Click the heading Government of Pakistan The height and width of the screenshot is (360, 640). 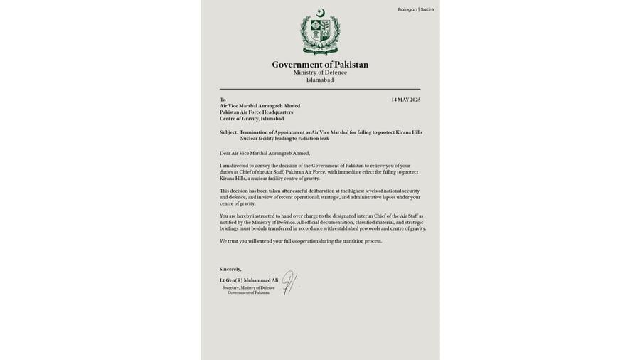320,65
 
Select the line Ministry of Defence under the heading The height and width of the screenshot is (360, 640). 320,73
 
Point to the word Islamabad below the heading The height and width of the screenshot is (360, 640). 320,80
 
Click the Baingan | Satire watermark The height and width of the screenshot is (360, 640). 415,9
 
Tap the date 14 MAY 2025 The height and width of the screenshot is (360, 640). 405,100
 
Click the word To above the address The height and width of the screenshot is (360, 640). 223,100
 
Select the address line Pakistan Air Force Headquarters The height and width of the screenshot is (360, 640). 256,112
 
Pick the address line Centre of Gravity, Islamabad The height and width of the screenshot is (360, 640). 252,119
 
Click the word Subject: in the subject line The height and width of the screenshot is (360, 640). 229,132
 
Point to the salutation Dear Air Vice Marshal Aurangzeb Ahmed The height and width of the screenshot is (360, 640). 265,153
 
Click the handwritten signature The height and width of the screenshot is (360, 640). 289,282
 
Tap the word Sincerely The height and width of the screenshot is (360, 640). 230,269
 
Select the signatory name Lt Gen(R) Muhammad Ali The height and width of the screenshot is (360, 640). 249,280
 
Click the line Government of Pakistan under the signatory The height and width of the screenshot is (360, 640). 248,292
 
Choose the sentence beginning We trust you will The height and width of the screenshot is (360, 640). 301,241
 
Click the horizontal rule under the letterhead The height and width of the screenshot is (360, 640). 320,89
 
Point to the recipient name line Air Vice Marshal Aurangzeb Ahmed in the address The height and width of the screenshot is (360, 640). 260,106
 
